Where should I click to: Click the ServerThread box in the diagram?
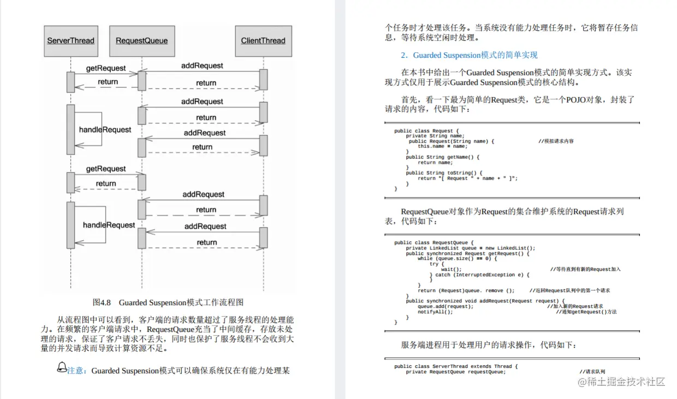70,41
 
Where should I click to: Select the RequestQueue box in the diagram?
142,41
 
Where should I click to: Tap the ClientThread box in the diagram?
263,41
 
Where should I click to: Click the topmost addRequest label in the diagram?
202,65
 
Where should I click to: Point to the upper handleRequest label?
105,130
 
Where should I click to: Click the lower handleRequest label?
109,225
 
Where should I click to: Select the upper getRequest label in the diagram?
106,68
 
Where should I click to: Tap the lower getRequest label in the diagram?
106,169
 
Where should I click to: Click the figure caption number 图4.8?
102,302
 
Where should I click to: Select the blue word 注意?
76,371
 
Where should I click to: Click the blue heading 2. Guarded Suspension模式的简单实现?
469,55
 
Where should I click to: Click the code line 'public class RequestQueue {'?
434,243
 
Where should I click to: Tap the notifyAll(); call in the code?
435,312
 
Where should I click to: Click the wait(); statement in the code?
452,269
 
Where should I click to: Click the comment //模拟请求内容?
556,141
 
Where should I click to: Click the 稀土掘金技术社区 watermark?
621,382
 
